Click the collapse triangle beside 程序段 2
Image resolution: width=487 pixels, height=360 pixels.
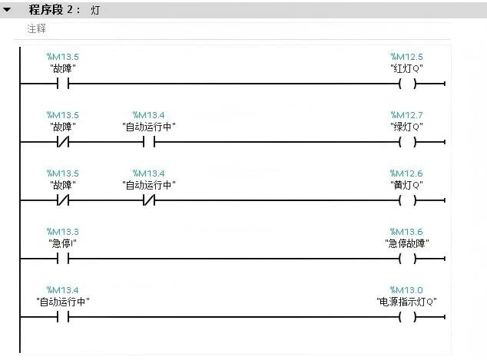click(7, 11)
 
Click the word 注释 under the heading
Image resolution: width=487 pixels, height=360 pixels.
click(37, 28)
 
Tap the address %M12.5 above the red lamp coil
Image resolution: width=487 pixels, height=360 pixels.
click(406, 57)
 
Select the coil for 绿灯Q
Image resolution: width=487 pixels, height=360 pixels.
click(407, 143)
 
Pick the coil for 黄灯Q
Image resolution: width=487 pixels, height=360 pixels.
click(407, 201)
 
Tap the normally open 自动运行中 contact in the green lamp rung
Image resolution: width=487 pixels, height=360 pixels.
click(149, 143)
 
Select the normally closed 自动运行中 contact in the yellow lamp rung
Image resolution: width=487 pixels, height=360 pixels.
click(149, 201)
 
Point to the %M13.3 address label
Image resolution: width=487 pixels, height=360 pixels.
click(63, 232)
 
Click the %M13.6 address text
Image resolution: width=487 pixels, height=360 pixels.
click(406, 232)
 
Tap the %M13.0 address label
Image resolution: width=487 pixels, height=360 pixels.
click(406, 290)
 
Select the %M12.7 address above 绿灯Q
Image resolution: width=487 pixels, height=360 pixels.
click(406, 115)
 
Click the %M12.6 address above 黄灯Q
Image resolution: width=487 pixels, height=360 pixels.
click(406, 173)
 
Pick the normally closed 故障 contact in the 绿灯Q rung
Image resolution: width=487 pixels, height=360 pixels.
click(63, 143)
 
